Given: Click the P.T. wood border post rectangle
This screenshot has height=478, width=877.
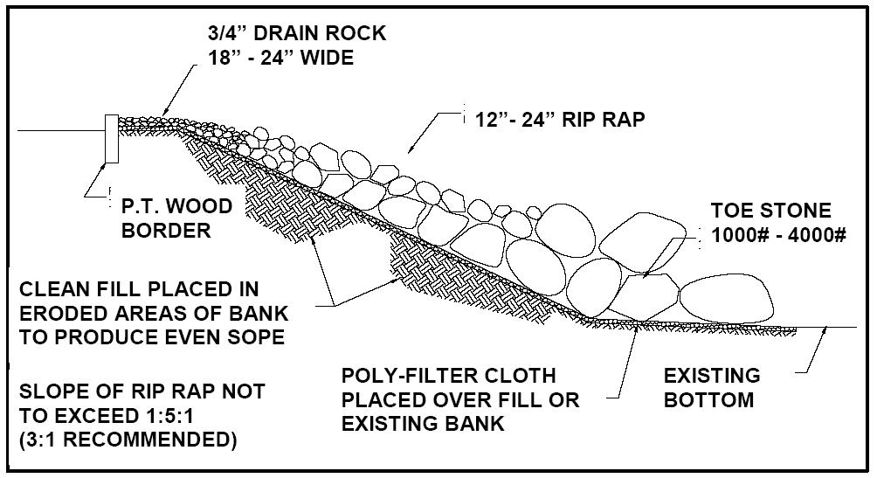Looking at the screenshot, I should coord(112,138).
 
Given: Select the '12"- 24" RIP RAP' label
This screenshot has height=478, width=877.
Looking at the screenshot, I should coord(557,120).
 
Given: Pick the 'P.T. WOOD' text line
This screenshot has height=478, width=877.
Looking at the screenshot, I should coord(177,207).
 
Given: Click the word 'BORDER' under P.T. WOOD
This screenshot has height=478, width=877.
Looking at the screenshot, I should coord(165,229).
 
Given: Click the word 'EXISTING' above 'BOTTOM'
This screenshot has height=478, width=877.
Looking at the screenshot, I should coord(712,377).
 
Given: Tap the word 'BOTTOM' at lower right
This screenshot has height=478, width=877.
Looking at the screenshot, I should coord(708,401).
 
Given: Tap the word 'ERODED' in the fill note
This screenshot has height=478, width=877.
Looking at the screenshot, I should coord(62,313).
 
